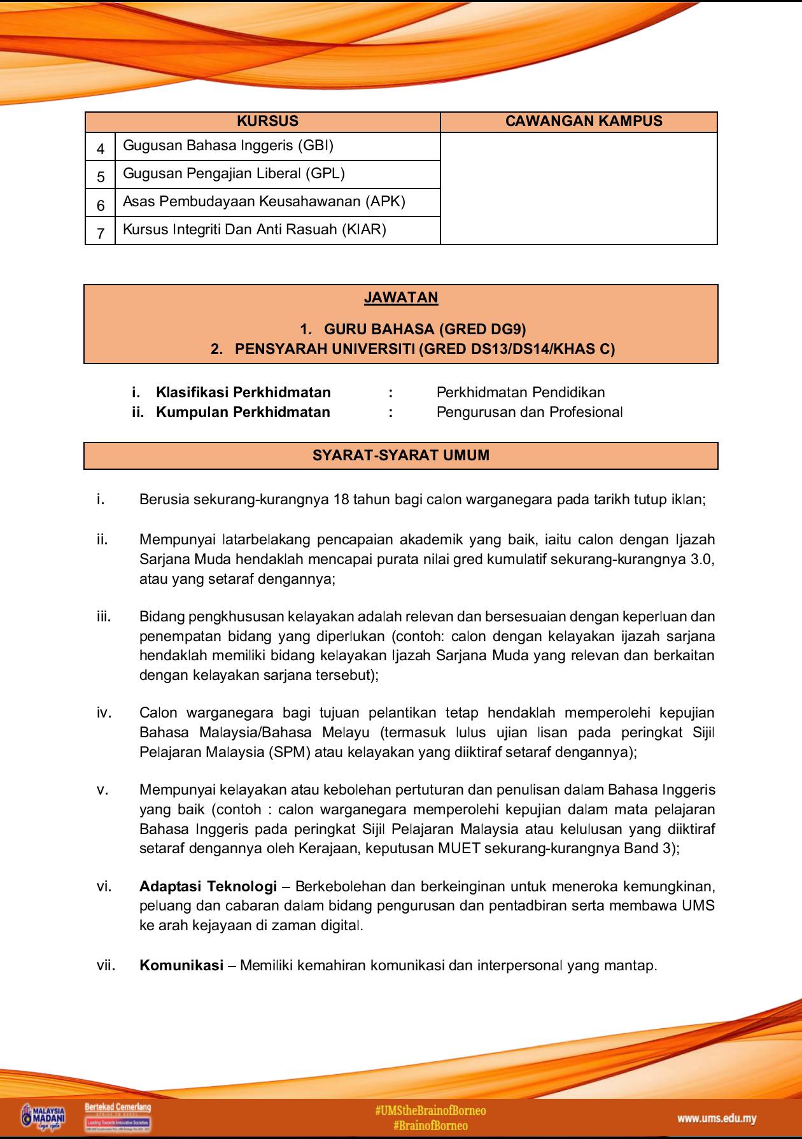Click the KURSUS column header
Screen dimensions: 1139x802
(267, 122)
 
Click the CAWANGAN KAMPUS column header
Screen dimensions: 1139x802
(583, 122)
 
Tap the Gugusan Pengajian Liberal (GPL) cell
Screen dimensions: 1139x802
(234, 174)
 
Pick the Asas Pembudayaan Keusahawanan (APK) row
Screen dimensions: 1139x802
(264, 202)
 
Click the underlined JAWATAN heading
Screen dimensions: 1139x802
(401, 298)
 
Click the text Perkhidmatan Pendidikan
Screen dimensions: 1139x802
(520, 393)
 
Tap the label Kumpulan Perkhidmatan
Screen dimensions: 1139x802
(243, 413)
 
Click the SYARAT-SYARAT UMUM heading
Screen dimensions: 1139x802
(401, 456)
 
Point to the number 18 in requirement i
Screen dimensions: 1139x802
(341, 500)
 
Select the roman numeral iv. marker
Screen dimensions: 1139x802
(104, 712)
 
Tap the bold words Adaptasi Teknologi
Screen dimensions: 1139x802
(208, 886)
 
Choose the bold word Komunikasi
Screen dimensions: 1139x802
(181, 965)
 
